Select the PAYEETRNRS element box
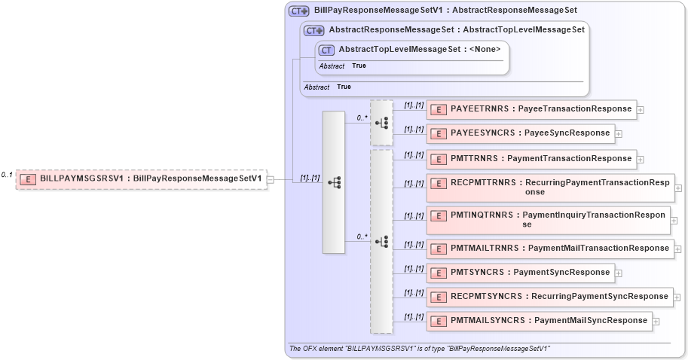pos(532,109)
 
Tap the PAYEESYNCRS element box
pos(521,133)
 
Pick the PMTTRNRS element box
pos(532,159)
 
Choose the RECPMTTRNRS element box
pos(550,188)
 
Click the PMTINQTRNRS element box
pos(548,219)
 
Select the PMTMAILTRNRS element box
pos(550,248)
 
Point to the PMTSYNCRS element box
pos(521,273)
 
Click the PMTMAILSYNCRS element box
pos(540,321)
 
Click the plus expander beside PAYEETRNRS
pos(641,110)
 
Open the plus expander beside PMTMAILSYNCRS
pos(656,322)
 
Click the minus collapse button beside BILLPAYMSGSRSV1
pos(271,179)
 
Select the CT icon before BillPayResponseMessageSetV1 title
pos(299,11)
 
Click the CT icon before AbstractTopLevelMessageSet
pos(326,50)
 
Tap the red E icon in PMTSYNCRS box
pos(438,273)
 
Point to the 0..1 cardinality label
pos(7,175)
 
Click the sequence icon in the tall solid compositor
pos(334,182)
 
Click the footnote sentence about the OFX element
pos(420,349)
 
